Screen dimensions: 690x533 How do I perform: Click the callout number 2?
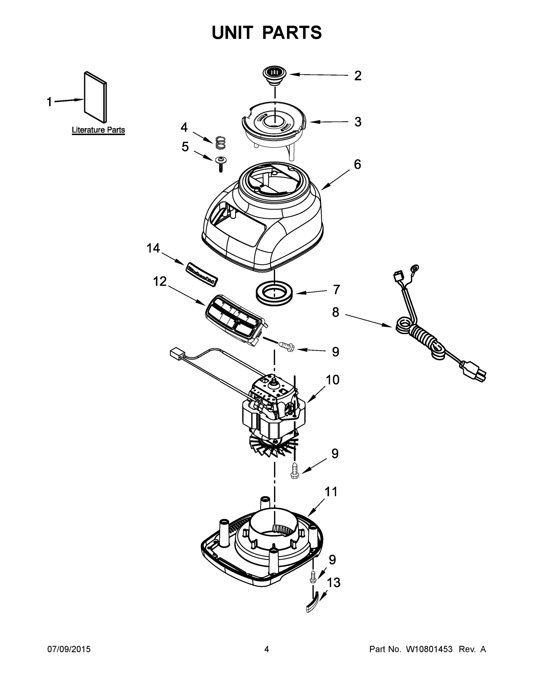coord(357,76)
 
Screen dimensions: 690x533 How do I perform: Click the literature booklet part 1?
coord(95,97)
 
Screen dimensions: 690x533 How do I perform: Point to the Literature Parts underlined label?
coord(98,130)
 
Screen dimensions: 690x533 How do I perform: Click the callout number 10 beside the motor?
coord(332,380)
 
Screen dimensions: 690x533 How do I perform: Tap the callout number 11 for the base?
coord(331,492)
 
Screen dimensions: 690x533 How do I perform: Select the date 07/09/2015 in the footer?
coord(69,649)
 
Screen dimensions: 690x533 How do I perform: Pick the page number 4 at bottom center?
coord(267,649)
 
